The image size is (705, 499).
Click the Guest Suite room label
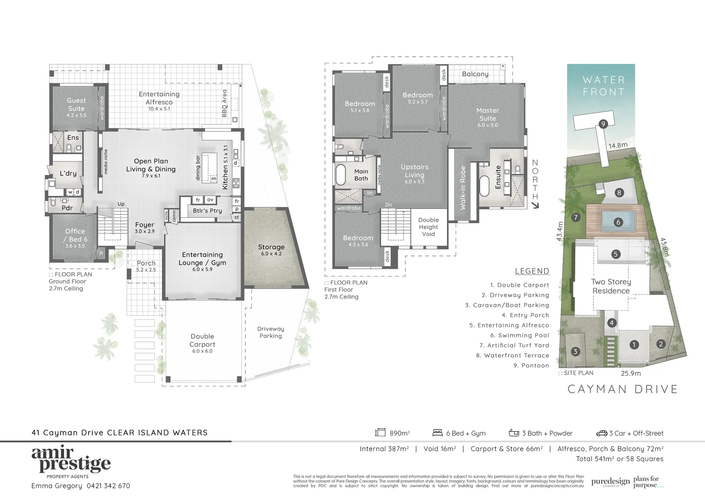pyautogui.click(x=76, y=105)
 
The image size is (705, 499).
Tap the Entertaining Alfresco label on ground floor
pyautogui.click(x=159, y=98)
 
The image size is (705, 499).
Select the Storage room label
pyautogui.click(x=271, y=247)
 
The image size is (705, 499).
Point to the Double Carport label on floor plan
pyautogui.click(x=202, y=341)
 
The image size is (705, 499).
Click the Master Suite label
pyautogui.click(x=488, y=115)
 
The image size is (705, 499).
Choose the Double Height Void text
pyautogui.click(x=428, y=227)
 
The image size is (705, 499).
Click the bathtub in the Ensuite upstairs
pyautogui.click(x=484, y=185)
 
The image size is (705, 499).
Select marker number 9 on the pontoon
pyautogui.click(x=603, y=123)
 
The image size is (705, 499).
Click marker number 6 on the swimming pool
pyautogui.click(x=618, y=222)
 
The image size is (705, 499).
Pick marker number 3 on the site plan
pyautogui.click(x=575, y=352)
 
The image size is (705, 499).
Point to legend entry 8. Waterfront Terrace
pyautogui.click(x=512, y=355)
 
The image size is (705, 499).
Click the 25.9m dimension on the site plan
pyautogui.click(x=630, y=373)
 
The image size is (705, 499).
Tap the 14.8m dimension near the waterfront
pyautogui.click(x=617, y=146)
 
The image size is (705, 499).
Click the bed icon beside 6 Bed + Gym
pyautogui.click(x=437, y=433)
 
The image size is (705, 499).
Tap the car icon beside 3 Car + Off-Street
pyautogui.click(x=601, y=433)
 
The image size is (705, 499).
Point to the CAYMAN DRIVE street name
pyautogui.click(x=622, y=389)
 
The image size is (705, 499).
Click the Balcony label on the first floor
pyautogui.click(x=475, y=74)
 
